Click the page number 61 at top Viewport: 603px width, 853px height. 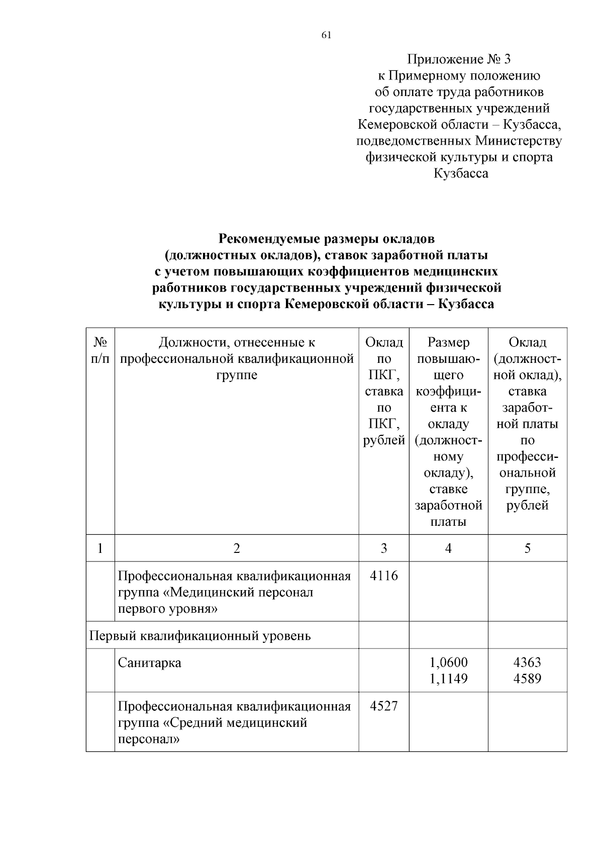[326, 35]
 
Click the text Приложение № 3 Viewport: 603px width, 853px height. [458, 59]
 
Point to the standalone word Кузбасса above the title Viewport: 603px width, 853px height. [461, 173]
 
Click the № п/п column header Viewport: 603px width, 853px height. [100, 350]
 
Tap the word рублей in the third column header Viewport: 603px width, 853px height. [384, 440]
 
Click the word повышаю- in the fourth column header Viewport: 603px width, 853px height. [448, 359]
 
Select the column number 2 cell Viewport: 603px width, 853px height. [237, 548]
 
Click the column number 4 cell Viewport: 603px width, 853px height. [448, 548]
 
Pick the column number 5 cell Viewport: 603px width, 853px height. [527, 548]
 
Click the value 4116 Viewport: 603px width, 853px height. [383, 576]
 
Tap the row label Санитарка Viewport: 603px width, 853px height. [150, 662]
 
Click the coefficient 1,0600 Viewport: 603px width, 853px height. [448, 662]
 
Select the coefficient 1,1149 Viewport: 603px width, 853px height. [448, 679]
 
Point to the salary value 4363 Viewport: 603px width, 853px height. [527, 662]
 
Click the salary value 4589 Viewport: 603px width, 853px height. [527, 679]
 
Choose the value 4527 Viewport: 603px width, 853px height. [383, 706]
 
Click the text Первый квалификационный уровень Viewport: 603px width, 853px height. [200, 636]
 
